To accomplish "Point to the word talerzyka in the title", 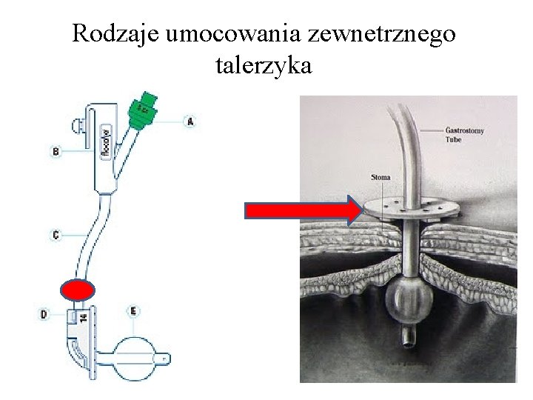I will pos(264,66).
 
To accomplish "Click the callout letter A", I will pos(190,121).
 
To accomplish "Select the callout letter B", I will pos(55,152).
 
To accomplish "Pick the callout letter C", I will pos(56,235).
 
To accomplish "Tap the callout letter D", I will pos(44,315).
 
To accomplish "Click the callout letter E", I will pos(133,311).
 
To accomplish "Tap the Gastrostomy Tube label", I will pos(465,134).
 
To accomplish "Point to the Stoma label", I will pos(381,178).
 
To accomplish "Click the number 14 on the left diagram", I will pos(83,316).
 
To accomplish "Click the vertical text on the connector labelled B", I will pos(105,141).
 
